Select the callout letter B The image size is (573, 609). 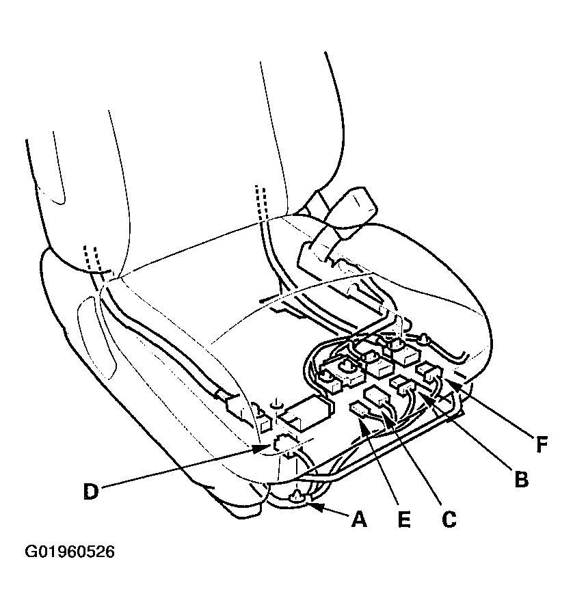521,479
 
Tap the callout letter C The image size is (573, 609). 449,519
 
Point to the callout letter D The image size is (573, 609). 91,491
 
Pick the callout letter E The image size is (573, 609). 404,519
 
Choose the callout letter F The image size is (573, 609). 542,444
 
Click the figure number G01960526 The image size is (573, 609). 70,552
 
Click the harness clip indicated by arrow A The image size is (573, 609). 297,496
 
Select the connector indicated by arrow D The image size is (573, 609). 284,442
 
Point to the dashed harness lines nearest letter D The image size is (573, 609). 92,258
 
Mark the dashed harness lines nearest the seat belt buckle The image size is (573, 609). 261,203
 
